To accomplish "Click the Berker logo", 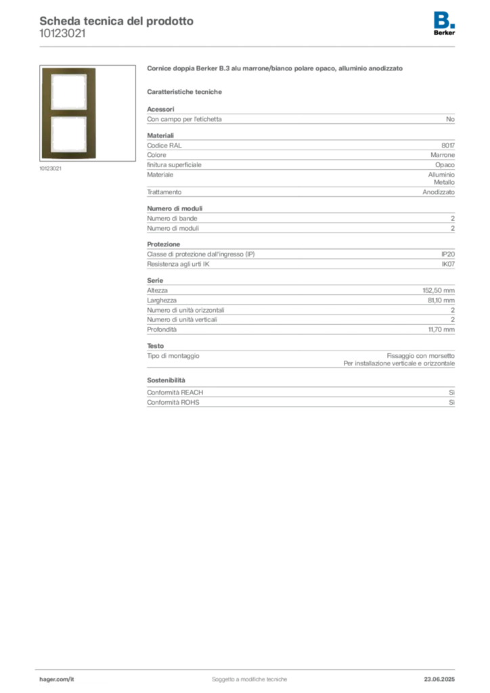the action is pyautogui.click(x=444, y=24).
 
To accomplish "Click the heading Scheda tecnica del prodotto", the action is pyautogui.click(x=116, y=21).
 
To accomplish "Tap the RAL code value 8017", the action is pyautogui.click(x=448, y=146).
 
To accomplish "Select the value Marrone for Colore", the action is pyautogui.click(x=443, y=155).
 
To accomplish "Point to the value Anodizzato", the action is pyautogui.click(x=439, y=192).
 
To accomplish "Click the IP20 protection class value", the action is pyautogui.click(x=448, y=254).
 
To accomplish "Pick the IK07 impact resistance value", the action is pyautogui.click(x=448, y=264).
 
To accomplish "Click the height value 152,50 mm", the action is pyautogui.click(x=439, y=290).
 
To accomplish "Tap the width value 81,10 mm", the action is pyautogui.click(x=441, y=300).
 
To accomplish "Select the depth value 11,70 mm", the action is pyautogui.click(x=441, y=330).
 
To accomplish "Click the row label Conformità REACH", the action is pyautogui.click(x=175, y=393).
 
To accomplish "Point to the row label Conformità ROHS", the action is pyautogui.click(x=173, y=402).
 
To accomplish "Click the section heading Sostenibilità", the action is pyautogui.click(x=166, y=380).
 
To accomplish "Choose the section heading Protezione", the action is pyautogui.click(x=164, y=244).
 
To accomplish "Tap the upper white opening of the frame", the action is pyautogui.click(x=68, y=92).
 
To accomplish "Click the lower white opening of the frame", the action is pyautogui.click(x=68, y=135).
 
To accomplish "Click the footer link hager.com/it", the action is pyautogui.click(x=57, y=679).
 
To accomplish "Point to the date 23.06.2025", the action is pyautogui.click(x=440, y=679).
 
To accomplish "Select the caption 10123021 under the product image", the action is pyautogui.click(x=50, y=169).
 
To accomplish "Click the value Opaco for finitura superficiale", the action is pyautogui.click(x=445, y=165).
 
